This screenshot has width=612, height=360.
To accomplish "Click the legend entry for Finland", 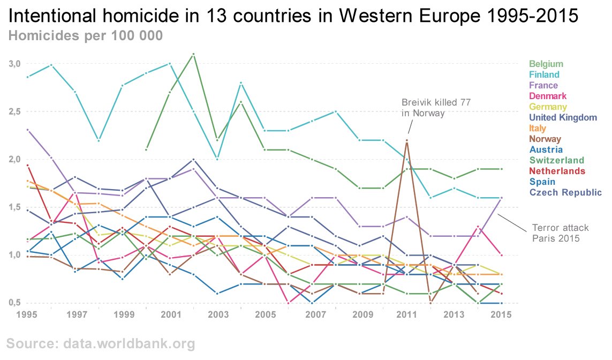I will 544,74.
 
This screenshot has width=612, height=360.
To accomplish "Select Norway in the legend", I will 545,139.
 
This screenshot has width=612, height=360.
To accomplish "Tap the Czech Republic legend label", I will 565,192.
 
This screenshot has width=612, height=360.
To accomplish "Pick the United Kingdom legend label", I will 563,117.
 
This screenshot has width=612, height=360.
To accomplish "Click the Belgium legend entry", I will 546,64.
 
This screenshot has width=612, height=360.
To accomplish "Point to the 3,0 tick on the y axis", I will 14,64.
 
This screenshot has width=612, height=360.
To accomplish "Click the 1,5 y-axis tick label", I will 14,207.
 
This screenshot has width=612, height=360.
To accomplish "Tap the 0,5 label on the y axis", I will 14,303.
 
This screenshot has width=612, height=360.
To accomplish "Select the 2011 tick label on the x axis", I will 407,314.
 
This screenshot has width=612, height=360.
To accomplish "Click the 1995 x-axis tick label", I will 27,314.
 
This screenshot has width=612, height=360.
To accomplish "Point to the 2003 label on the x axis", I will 217,314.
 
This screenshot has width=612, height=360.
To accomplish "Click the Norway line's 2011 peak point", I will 407,140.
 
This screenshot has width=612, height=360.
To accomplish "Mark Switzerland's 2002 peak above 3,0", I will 193,54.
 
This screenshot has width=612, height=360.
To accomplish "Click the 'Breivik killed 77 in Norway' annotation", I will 432,108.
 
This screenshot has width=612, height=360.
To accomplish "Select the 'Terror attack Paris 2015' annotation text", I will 556,233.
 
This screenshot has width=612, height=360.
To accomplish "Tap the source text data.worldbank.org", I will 101,343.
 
